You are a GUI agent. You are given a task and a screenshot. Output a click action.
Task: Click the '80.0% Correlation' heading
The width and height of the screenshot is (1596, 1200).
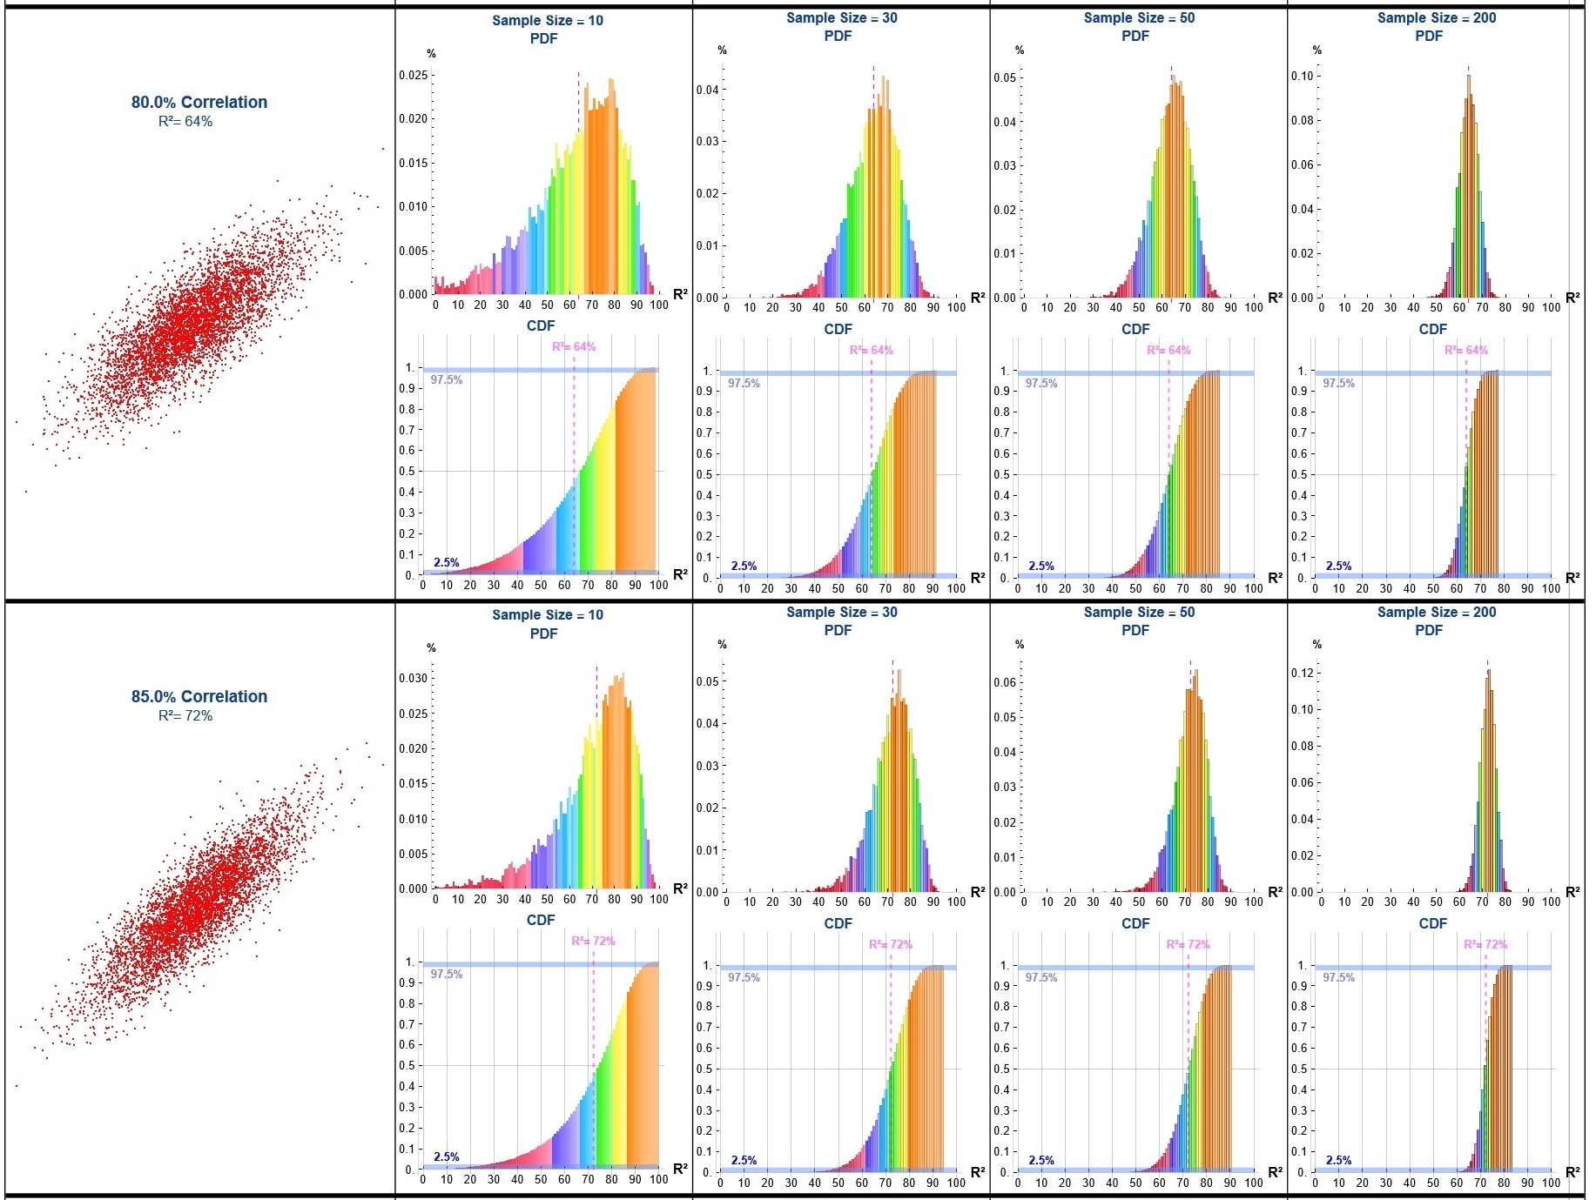click(x=199, y=102)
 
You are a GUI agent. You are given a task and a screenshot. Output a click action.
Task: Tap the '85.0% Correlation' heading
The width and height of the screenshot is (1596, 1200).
click(x=199, y=696)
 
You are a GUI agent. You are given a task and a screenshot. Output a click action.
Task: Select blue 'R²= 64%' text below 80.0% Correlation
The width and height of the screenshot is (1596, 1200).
click(x=185, y=122)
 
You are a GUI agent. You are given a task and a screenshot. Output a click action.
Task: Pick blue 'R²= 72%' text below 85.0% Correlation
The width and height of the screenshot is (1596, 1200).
click(x=185, y=716)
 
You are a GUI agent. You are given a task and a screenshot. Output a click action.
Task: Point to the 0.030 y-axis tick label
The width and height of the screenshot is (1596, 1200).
click(x=414, y=678)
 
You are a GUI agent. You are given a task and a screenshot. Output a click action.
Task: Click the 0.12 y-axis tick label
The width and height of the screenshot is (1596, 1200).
click(x=1303, y=673)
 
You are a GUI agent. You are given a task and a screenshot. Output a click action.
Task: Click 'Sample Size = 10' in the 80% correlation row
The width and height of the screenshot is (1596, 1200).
click(x=548, y=20)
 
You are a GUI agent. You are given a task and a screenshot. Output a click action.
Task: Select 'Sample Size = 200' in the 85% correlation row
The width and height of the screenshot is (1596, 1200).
click(x=1437, y=612)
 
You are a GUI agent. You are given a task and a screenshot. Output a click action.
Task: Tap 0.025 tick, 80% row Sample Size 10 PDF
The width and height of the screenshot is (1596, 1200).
click(x=414, y=75)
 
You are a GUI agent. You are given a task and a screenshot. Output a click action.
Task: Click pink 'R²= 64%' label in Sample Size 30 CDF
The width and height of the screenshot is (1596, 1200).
click(x=872, y=350)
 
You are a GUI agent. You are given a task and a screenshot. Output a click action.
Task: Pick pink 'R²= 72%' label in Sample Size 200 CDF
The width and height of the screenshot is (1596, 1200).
click(x=1485, y=944)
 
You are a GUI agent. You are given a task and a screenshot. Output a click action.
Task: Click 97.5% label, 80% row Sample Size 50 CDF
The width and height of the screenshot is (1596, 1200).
click(x=1041, y=383)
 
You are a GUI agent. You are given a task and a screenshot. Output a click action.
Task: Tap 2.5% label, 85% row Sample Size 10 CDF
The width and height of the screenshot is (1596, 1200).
click(x=447, y=1156)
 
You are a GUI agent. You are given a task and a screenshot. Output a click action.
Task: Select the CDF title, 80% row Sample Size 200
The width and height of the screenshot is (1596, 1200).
click(x=1433, y=329)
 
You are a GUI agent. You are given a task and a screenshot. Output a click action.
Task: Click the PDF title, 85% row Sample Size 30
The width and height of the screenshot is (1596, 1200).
click(x=838, y=630)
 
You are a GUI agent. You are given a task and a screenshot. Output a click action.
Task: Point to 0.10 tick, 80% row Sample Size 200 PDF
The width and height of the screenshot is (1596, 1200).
click(x=1303, y=76)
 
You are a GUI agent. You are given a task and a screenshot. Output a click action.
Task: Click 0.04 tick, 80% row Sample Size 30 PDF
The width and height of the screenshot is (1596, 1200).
click(x=708, y=90)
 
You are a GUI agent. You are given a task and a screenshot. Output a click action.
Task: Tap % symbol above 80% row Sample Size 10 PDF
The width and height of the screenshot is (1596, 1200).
click(x=431, y=54)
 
